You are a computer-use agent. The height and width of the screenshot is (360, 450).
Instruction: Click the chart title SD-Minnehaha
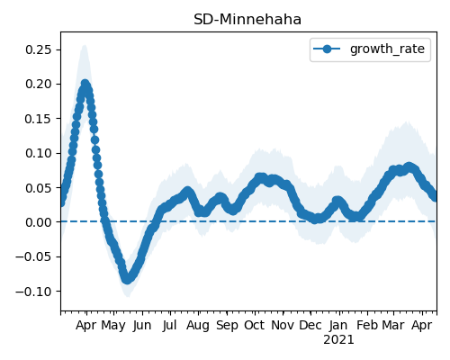pyautogui.click(x=247, y=20)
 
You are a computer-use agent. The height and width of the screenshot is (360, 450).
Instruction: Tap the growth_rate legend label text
pyautogui.click(x=387, y=49)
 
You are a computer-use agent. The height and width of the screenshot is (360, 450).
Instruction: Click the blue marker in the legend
pyautogui.click(x=327, y=49)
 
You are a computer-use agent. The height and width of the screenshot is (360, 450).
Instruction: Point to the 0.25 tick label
pyautogui.click(x=39, y=49)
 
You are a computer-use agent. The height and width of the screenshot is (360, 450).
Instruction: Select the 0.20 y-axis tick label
pyautogui.click(x=39, y=84)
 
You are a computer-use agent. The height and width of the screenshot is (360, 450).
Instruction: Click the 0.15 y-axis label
pyautogui.click(x=39, y=119)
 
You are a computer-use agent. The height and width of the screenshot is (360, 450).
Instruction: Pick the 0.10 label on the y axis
pyautogui.click(x=39, y=153)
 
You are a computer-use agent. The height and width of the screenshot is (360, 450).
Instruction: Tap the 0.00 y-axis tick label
pyautogui.click(x=39, y=222)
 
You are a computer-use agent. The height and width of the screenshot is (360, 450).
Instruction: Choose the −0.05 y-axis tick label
pyautogui.click(x=33, y=256)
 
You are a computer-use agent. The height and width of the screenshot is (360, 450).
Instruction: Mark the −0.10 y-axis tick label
pyautogui.click(x=33, y=292)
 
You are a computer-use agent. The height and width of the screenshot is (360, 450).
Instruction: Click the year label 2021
pyautogui.click(x=338, y=340)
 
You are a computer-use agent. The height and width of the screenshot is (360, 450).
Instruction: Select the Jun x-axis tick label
pyautogui.click(x=142, y=326)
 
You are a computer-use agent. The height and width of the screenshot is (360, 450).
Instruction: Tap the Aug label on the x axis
pyautogui.click(x=198, y=326)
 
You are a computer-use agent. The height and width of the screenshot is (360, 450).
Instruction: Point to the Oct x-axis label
pyautogui.click(x=255, y=325)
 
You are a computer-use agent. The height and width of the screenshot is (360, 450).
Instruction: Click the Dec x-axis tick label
pyautogui.click(x=310, y=325)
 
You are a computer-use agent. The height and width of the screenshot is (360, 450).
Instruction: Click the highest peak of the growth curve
pyautogui.click(x=85, y=84)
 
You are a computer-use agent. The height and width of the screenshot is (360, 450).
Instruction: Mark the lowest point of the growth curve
pyautogui.click(x=127, y=279)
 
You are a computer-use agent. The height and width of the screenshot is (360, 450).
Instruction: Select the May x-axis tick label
pyautogui.click(x=113, y=326)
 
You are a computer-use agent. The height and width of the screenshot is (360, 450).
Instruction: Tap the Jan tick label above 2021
pyautogui.click(x=338, y=325)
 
